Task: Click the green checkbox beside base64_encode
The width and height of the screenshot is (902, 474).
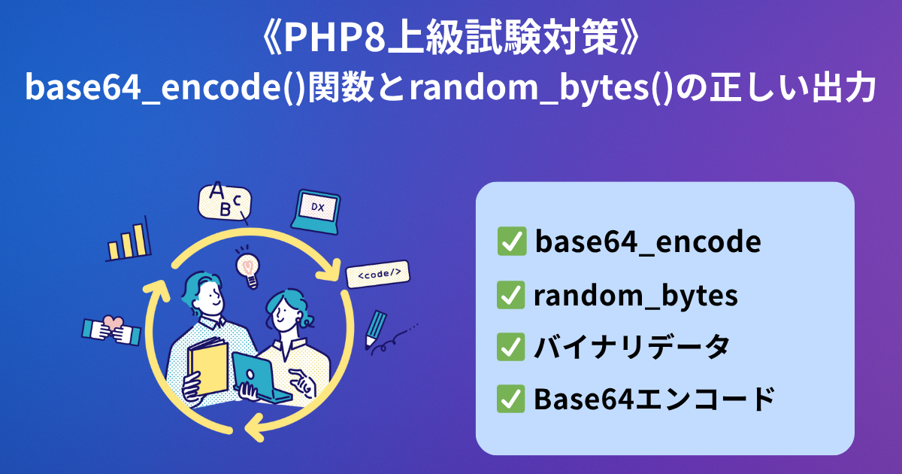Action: (512, 241)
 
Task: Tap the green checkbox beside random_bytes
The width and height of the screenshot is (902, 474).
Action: (510, 295)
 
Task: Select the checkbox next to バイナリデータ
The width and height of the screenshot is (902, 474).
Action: (510, 347)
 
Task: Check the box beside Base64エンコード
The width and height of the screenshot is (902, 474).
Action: (510, 399)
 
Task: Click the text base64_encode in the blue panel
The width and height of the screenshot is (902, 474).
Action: (648, 242)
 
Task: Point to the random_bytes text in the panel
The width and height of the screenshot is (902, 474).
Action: (636, 296)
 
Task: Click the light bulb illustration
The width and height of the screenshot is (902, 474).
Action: (247, 267)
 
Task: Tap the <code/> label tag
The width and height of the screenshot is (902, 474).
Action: (377, 274)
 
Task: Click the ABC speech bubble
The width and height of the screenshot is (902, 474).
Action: (224, 202)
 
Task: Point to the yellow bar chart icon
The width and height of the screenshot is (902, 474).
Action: (128, 240)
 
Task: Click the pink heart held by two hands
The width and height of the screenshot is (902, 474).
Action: (114, 323)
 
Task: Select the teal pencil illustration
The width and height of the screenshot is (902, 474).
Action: (375, 329)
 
